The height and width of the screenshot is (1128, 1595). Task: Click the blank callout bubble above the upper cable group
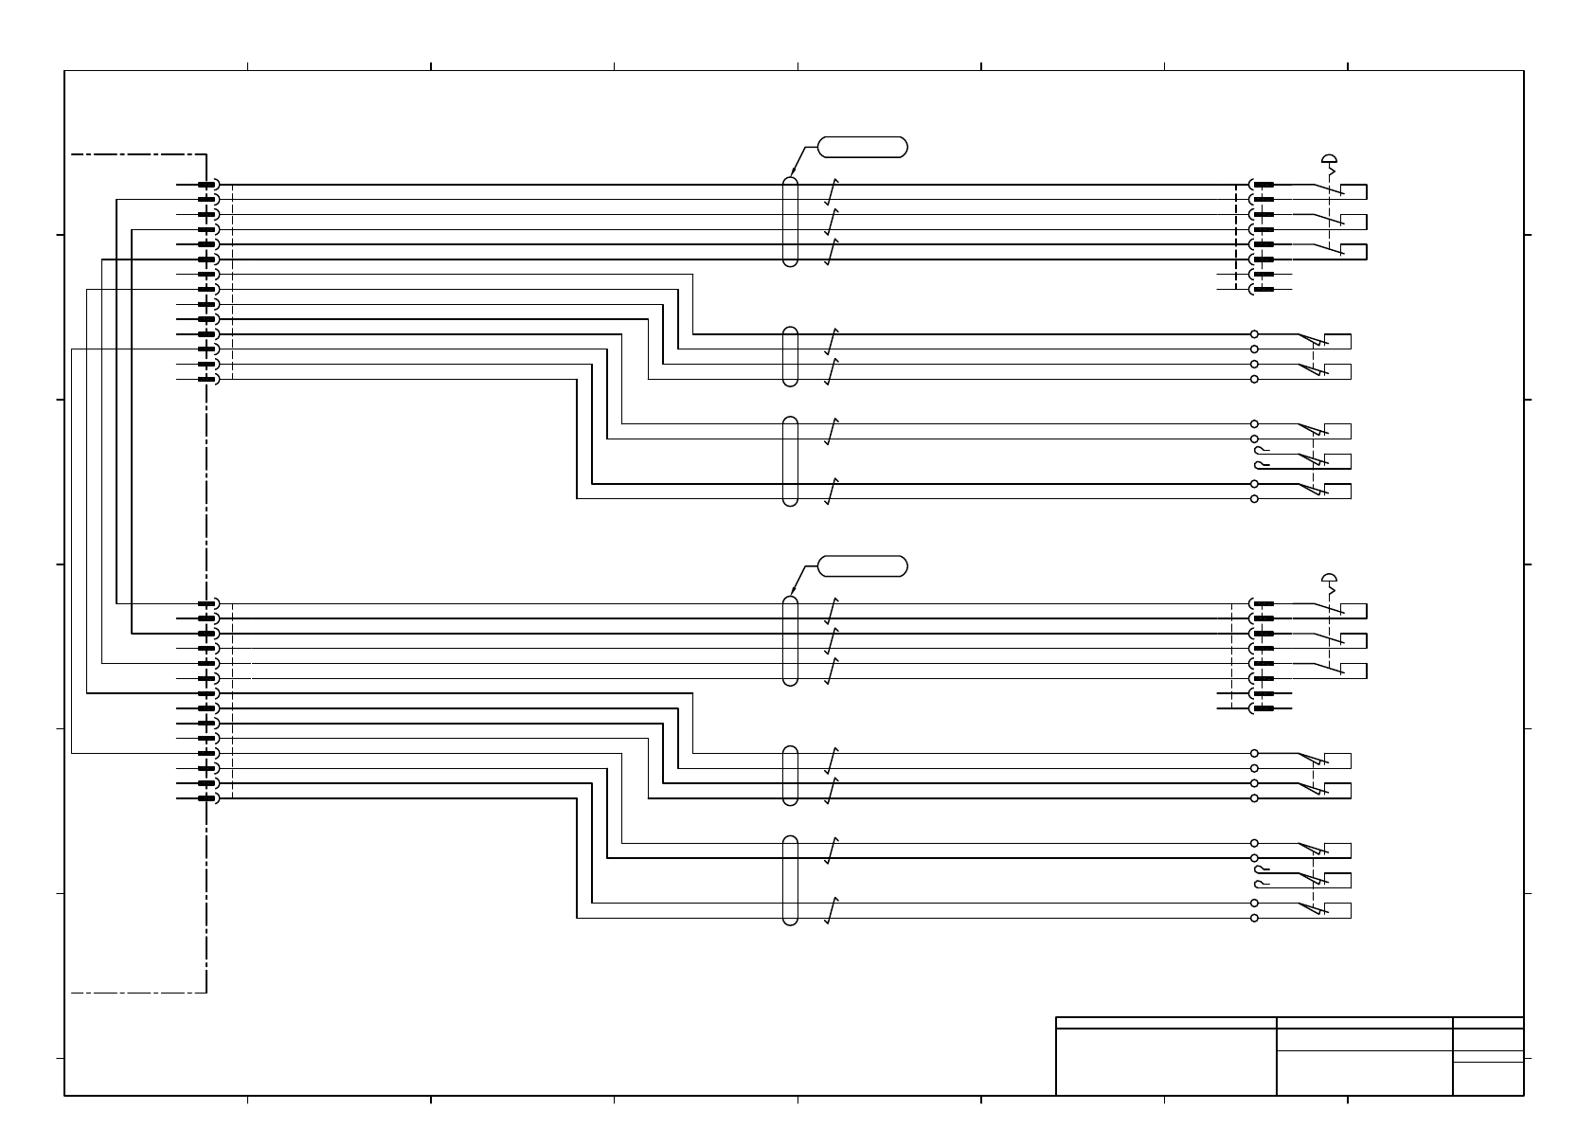[862, 147]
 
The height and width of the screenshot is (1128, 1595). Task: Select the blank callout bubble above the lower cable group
[862, 566]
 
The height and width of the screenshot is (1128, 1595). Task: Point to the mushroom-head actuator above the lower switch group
[1330, 579]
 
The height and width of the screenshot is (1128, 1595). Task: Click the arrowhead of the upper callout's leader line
[792, 174]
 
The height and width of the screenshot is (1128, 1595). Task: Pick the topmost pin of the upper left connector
[206, 185]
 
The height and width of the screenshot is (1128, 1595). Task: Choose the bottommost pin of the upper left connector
[206, 379]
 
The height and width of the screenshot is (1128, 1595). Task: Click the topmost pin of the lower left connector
[206, 603]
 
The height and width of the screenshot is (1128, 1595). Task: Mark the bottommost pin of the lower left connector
[206, 798]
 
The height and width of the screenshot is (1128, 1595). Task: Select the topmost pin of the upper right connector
[1263, 185]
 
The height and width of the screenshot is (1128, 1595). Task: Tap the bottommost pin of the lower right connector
[1263, 708]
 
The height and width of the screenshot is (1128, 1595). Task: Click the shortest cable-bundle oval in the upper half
[791, 356]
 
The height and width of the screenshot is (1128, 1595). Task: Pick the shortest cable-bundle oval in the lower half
[791, 775]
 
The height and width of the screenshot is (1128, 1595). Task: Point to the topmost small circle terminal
[1254, 334]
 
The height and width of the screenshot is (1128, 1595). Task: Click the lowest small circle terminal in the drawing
[1254, 918]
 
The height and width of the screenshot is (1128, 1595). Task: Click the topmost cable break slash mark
[832, 193]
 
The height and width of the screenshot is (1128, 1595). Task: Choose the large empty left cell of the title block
[1166, 1061]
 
